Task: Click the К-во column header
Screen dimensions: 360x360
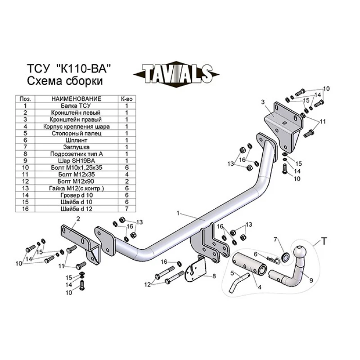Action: click(x=126, y=99)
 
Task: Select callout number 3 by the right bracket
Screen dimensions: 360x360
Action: click(x=262, y=103)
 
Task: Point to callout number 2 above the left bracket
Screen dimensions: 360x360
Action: click(x=78, y=219)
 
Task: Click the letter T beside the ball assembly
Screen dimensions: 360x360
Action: click(x=324, y=242)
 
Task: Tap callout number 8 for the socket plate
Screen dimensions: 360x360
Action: click(x=214, y=276)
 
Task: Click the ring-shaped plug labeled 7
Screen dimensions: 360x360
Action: click(x=285, y=257)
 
